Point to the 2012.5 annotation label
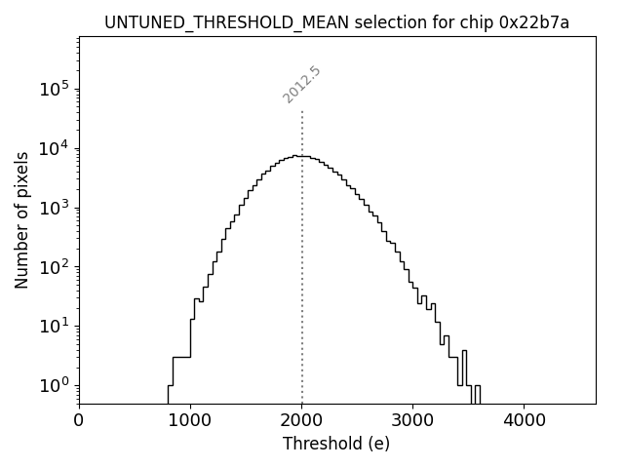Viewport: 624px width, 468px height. (x=302, y=85)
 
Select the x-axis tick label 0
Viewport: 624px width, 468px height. (x=79, y=421)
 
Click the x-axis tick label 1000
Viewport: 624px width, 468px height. (x=190, y=421)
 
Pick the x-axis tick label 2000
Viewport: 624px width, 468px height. (x=301, y=421)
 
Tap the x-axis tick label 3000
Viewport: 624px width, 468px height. (x=412, y=421)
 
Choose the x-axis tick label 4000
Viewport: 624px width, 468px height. (x=524, y=421)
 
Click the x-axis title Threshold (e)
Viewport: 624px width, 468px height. (x=336, y=444)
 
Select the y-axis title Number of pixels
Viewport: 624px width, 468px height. (x=21, y=219)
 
